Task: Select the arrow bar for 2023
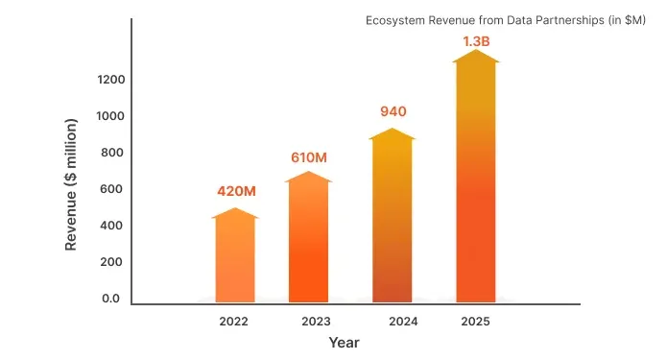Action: pos(308,240)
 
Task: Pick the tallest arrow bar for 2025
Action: pos(476,182)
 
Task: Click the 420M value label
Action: pos(235,191)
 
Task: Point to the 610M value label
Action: pos(308,156)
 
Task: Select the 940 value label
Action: pos(393,111)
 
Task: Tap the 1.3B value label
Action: pos(477,40)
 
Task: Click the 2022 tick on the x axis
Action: pos(233,322)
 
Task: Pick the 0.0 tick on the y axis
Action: pos(111,299)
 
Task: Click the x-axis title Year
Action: pos(344,343)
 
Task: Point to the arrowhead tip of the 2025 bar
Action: pos(477,51)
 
